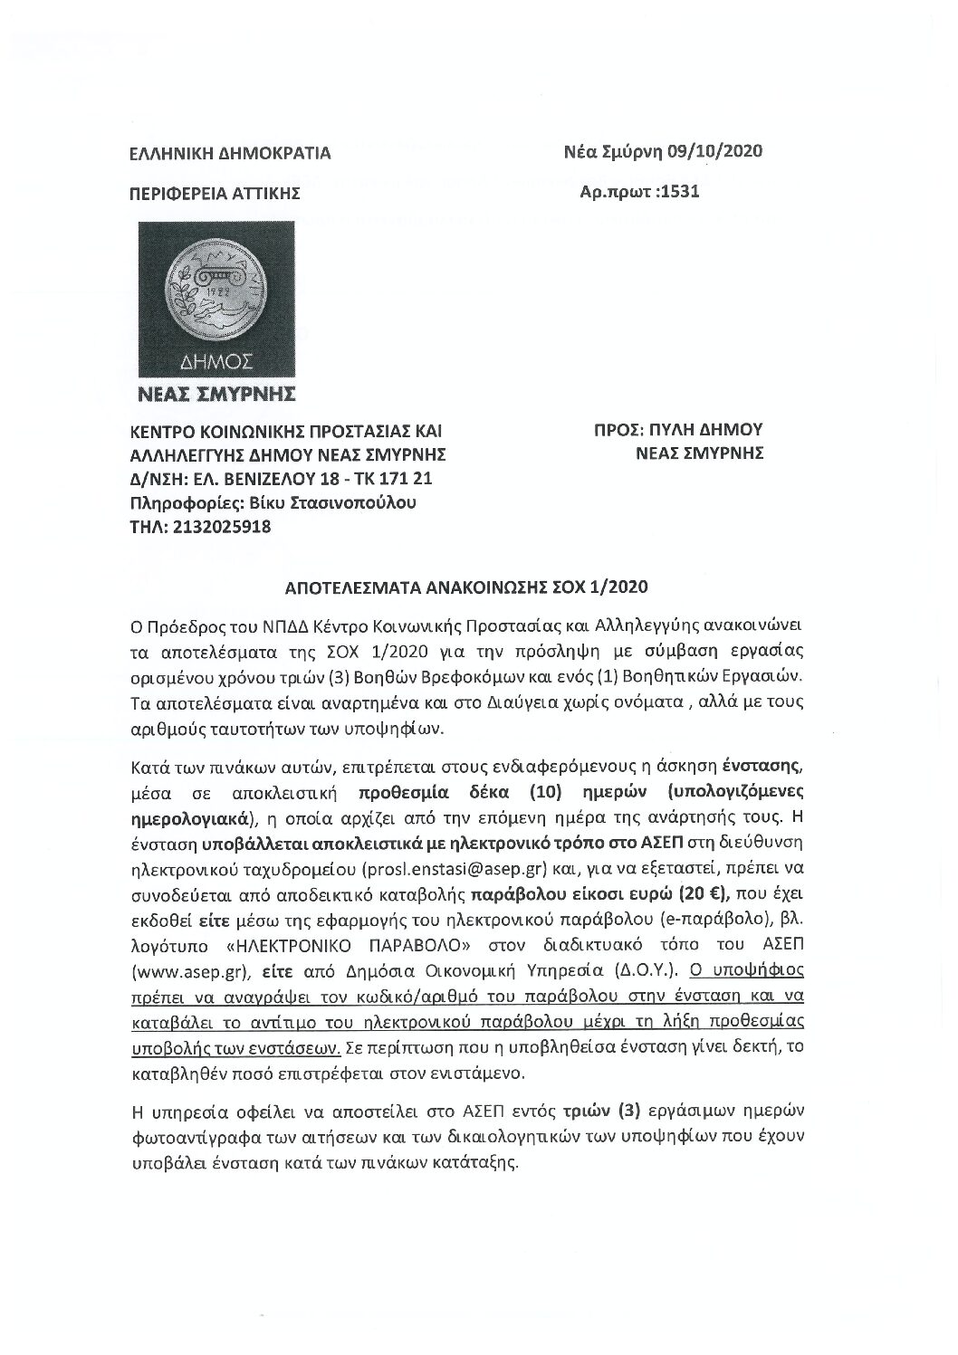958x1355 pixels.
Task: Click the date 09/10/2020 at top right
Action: click(x=714, y=151)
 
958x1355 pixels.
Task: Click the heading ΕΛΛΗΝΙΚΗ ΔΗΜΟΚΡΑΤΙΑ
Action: click(x=231, y=154)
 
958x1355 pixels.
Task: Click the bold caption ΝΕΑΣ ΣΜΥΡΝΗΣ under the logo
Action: click(x=216, y=395)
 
